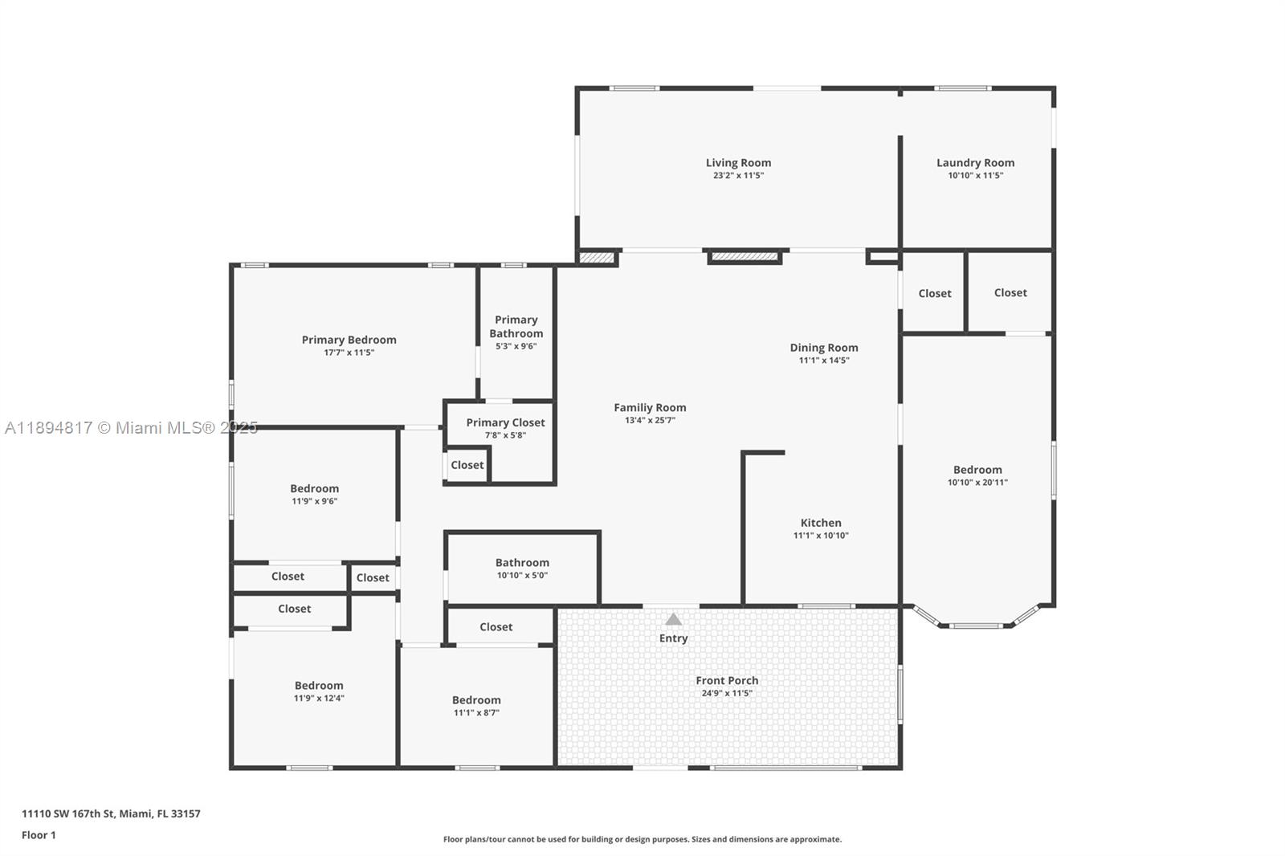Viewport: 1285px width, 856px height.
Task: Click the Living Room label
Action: pyautogui.click(x=738, y=163)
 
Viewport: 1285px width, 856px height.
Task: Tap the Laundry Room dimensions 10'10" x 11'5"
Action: pyautogui.click(x=975, y=175)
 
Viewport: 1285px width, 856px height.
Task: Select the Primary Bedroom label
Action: pyautogui.click(x=349, y=340)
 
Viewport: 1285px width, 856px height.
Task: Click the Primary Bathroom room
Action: pyautogui.click(x=516, y=332)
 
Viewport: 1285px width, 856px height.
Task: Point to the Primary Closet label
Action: pyautogui.click(x=505, y=422)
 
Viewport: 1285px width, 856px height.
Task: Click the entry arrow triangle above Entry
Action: pyautogui.click(x=673, y=619)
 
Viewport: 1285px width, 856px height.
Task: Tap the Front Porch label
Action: pyautogui.click(x=727, y=680)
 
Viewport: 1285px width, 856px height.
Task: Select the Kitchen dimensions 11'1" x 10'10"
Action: pyautogui.click(x=821, y=536)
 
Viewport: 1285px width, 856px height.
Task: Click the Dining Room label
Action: pyautogui.click(x=823, y=348)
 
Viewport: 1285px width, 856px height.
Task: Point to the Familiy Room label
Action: pyautogui.click(x=650, y=408)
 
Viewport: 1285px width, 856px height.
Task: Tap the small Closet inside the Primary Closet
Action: pyautogui.click(x=467, y=465)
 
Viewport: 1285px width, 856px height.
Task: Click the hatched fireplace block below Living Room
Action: pyautogui.click(x=744, y=257)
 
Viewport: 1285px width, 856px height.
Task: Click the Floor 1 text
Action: pyautogui.click(x=39, y=835)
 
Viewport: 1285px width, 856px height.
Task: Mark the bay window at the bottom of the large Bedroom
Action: pyautogui.click(x=976, y=622)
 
